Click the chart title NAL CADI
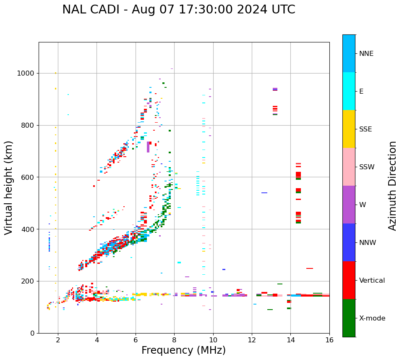click(178, 10)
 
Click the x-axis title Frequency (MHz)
click(183, 350)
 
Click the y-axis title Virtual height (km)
click(9, 187)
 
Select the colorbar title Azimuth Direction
click(392, 185)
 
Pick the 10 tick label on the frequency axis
click(213, 339)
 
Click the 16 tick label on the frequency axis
click(329, 339)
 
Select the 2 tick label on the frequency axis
click(58, 339)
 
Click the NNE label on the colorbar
click(366, 54)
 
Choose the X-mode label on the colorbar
click(372, 318)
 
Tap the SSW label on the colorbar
click(367, 167)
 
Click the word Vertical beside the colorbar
click(372, 281)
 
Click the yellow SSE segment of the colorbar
click(349, 129)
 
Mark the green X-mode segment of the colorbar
click(349, 318)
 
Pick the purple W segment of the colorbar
click(349, 205)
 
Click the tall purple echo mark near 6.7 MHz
click(148, 147)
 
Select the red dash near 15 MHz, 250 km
click(310, 268)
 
